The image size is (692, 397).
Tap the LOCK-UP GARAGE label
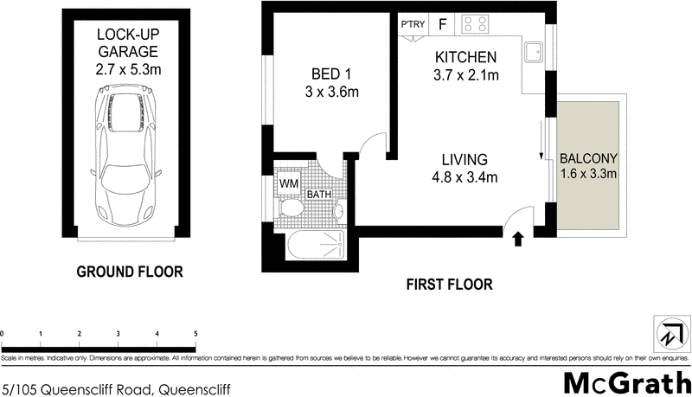[x=129, y=51]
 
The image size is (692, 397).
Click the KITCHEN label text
[x=465, y=66]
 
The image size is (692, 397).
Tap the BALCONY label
[x=587, y=166]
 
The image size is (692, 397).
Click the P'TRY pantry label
[x=411, y=25]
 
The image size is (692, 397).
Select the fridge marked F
[x=442, y=25]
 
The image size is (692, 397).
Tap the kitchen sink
[x=533, y=53]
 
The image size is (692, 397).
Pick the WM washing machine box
[x=288, y=184]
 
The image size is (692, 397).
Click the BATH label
[x=318, y=195]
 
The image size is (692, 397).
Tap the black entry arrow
[x=518, y=239]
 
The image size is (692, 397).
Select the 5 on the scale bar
[x=196, y=333]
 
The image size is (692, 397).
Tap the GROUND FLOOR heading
[x=130, y=272]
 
